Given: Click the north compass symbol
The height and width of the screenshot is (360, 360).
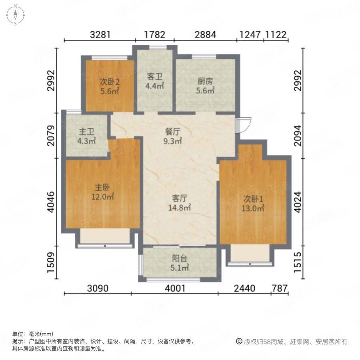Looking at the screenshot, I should click(15, 15).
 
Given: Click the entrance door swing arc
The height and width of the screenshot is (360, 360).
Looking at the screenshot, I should click(243, 124).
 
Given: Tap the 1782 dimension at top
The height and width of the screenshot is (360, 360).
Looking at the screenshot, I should click(154, 34).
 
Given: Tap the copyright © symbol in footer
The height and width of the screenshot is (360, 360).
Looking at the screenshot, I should click(239, 342).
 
